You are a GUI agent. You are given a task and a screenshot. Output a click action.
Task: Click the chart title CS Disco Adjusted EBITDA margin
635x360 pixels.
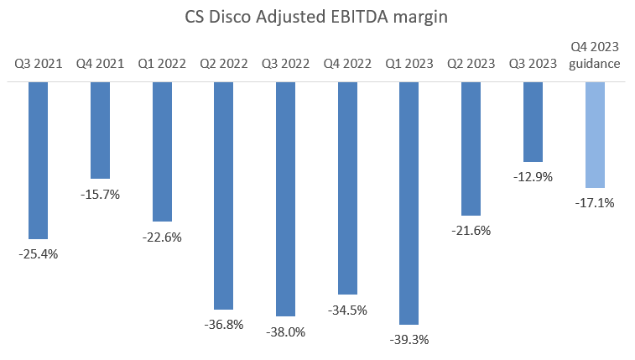coord(317,16)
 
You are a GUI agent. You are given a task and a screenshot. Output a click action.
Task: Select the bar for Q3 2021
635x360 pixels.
coord(38,160)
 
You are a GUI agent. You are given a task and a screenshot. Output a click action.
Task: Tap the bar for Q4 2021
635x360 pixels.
coord(100,130)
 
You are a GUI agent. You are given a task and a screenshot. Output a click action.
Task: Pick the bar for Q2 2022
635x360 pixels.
coord(223,196)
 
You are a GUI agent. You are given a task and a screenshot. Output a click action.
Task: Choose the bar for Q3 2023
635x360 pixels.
coord(533,122)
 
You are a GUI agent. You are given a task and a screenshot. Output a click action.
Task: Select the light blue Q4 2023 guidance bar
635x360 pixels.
coord(594,134)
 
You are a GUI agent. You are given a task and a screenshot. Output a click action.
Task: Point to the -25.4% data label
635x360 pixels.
coord(38,254)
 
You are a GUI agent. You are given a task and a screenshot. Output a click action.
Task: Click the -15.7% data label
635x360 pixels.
coord(100,194)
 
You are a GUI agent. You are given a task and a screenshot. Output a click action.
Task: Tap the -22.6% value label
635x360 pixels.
coord(161,237)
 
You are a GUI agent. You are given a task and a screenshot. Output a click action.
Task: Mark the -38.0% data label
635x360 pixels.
coord(285,331)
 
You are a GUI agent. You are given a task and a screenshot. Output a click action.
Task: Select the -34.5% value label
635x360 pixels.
coord(347,310)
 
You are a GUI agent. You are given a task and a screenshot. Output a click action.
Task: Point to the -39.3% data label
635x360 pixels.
coord(409,340)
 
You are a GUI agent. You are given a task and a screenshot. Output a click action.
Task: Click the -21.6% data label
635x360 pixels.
coord(471,231)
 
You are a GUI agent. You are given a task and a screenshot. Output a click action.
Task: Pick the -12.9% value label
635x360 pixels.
coord(533,177)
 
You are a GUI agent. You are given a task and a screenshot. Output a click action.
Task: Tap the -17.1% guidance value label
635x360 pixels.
coord(594,202)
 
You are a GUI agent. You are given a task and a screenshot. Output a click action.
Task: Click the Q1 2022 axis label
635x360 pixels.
coord(161,63)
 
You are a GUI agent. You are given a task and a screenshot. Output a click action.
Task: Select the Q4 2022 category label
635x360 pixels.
coord(347,63)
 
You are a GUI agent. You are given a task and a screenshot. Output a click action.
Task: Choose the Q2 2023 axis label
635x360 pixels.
coord(471,63)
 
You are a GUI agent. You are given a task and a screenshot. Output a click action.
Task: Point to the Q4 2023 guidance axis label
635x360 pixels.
coord(594,56)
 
